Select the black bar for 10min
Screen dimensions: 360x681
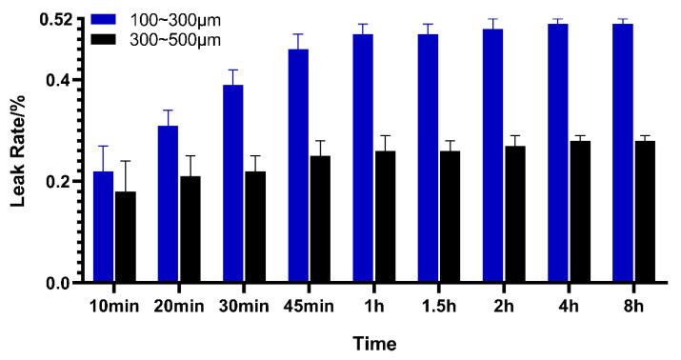125,237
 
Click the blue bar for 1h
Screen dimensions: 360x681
362,158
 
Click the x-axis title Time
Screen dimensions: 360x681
373,342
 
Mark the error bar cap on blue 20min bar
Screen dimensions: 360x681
168,110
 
